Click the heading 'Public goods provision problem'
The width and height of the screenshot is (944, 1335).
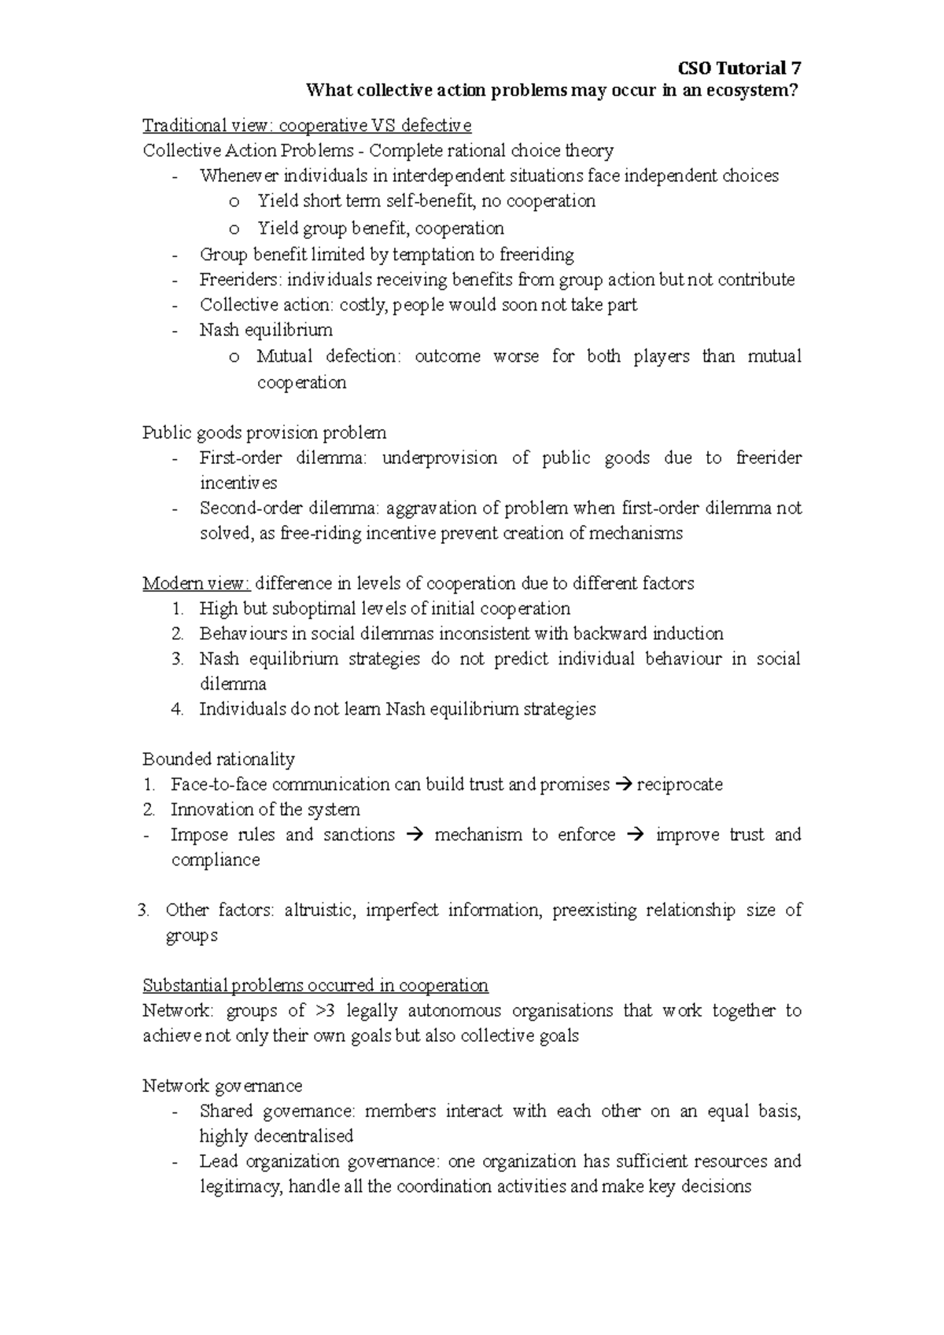point(264,432)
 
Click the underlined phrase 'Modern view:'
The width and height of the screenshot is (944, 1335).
point(196,583)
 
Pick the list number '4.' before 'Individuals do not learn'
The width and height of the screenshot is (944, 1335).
point(177,709)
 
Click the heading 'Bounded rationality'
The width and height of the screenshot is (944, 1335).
point(219,759)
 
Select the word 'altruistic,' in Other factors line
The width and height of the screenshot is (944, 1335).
point(319,910)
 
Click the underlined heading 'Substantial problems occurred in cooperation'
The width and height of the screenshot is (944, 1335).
point(315,986)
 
